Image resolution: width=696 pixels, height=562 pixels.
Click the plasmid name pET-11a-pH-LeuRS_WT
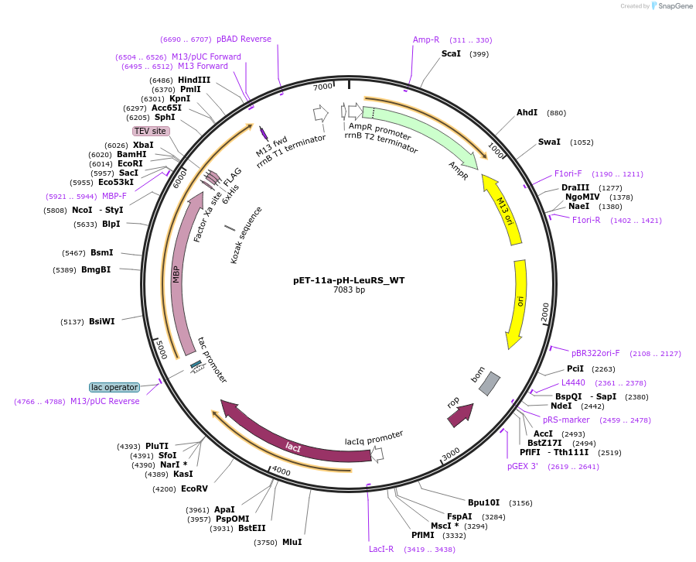(349, 280)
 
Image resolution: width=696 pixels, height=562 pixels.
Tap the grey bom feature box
(490, 383)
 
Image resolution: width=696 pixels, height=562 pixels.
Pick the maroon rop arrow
(460, 416)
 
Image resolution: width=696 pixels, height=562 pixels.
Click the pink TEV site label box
(151, 131)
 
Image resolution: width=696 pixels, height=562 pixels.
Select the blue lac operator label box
(114, 387)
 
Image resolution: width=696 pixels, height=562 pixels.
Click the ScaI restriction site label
(451, 53)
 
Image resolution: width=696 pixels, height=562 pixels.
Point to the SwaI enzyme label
(549, 142)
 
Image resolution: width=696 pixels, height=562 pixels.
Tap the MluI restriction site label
(292, 543)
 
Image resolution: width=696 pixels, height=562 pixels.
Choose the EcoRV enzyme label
(194, 488)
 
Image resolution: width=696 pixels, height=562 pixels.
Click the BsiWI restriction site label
(101, 321)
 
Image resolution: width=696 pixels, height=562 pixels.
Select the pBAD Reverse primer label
(244, 39)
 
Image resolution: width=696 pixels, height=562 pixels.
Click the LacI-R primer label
(381, 549)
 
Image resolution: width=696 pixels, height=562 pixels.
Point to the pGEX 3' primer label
(523, 467)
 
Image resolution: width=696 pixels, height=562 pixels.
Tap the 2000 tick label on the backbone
(545, 312)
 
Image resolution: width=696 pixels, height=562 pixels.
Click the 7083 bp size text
(350, 290)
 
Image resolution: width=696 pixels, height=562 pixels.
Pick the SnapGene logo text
(675, 5)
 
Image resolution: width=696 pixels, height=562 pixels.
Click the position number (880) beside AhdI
(556, 113)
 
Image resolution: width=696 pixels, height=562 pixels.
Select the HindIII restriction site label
(194, 80)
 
